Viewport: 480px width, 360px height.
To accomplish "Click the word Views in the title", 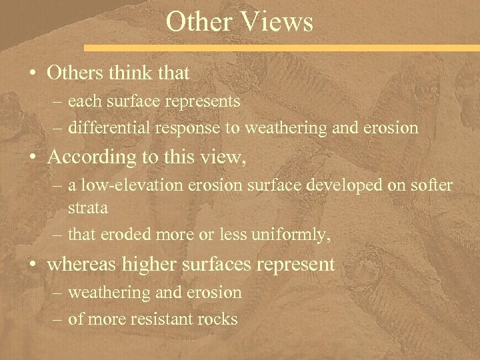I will tap(278, 21).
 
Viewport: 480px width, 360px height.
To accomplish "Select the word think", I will tap(133, 72).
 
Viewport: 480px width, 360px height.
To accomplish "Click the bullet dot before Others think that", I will tap(33, 73).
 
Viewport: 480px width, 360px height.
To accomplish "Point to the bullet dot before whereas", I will tap(33, 265).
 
